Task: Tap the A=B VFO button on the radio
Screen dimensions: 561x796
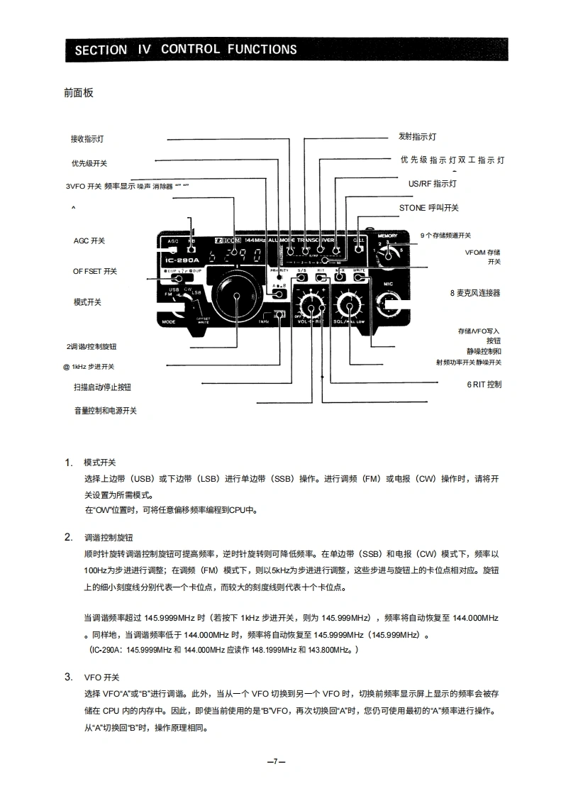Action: [x=279, y=292]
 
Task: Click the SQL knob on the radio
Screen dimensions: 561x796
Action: [x=349, y=305]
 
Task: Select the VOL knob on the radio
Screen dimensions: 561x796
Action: [x=311, y=305]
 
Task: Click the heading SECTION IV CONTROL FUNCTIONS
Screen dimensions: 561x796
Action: [x=186, y=50]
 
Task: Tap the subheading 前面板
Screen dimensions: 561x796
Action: [x=78, y=93]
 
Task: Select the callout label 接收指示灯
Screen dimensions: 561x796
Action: [x=87, y=139]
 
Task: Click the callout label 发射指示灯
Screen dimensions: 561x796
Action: [x=417, y=136]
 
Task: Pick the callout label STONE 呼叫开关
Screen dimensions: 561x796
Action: [x=429, y=208]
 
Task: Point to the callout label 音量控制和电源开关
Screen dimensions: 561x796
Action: [x=106, y=411]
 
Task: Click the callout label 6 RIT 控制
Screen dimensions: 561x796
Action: [x=484, y=385]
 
